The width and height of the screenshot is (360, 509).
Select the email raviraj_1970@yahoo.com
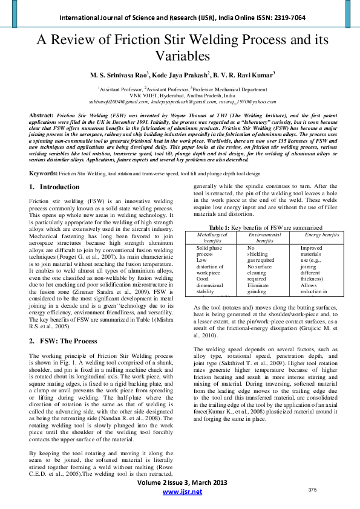pos(241,102)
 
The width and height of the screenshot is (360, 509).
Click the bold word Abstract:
pos(42,114)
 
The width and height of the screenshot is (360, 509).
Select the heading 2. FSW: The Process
pos(63,341)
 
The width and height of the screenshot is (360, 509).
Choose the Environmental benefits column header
pos(264,236)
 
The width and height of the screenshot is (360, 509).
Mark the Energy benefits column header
pos(321,233)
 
